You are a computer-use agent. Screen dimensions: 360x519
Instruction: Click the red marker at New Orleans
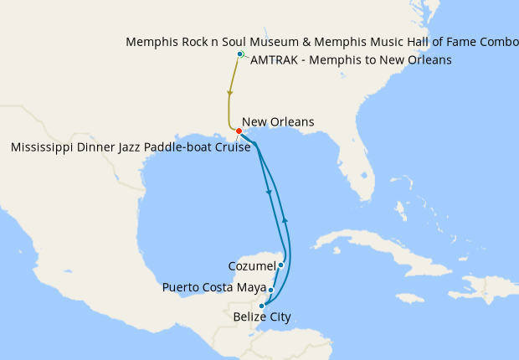239,131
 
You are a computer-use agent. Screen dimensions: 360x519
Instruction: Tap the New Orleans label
277,121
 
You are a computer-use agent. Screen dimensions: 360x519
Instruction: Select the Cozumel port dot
281,265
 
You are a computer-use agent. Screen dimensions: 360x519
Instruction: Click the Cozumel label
252,266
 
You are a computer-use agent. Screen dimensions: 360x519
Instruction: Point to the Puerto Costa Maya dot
270,291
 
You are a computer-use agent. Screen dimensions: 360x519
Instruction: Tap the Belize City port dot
262,306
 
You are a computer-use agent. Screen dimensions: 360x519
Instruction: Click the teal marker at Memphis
240,54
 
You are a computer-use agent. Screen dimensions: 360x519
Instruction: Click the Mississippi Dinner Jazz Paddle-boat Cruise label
131,147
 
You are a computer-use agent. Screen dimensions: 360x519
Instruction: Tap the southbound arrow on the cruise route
268,193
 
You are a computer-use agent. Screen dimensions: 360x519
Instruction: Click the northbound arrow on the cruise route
285,219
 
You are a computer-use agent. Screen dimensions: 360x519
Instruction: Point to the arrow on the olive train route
229,93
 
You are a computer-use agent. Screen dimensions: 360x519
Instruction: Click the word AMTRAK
280,59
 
